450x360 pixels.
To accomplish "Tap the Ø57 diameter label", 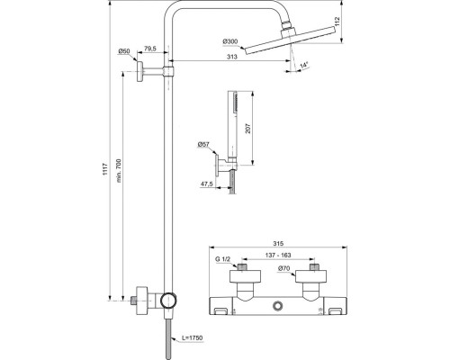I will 204,144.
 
